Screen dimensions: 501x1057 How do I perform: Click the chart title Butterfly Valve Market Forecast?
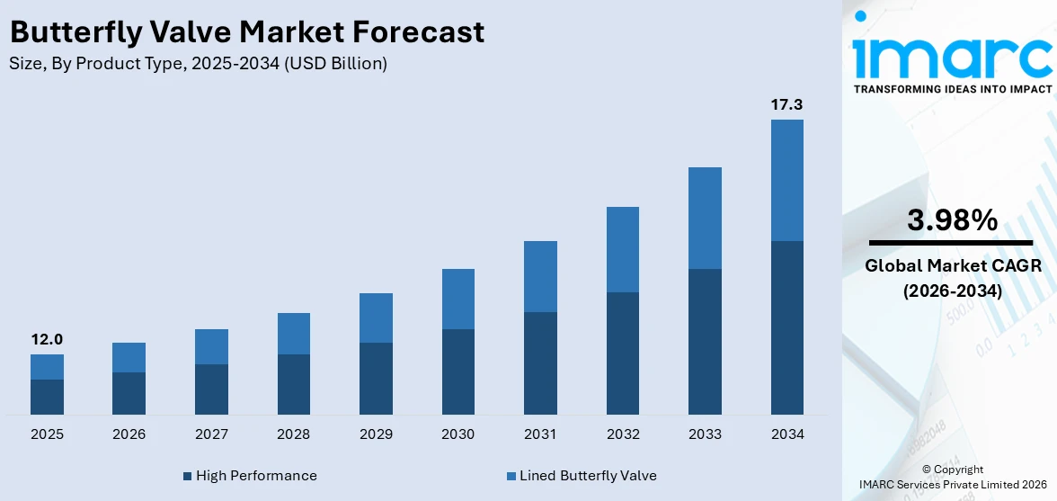(x=247, y=32)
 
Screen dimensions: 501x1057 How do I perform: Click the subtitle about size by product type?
(x=198, y=63)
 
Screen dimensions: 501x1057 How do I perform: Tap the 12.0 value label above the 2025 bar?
(x=47, y=339)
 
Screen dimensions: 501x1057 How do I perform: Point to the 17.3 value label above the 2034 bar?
(x=786, y=104)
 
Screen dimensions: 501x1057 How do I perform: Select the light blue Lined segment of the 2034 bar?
(x=786, y=180)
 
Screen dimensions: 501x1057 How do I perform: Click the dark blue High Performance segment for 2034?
(x=786, y=327)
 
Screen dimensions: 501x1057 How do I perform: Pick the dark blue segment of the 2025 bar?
(x=47, y=397)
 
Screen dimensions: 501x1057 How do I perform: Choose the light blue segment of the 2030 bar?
(x=457, y=299)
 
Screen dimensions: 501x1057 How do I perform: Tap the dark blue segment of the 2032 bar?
(x=622, y=353)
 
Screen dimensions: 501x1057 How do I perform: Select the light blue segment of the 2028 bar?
(x=293, y=334)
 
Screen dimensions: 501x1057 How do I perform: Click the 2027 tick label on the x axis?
(x=211, y=434)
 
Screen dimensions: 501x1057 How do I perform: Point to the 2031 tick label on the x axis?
(x=540, y=434)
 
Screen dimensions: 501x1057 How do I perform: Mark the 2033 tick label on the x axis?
(x=705, y=434)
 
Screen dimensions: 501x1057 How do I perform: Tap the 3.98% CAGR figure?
(x=952, y=219)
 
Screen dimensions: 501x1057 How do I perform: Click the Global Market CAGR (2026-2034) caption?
(x=952, y=278)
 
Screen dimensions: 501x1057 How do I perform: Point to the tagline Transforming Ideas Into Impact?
(x=952, y=89)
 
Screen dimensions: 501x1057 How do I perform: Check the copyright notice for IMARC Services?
(x=952, y=478)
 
